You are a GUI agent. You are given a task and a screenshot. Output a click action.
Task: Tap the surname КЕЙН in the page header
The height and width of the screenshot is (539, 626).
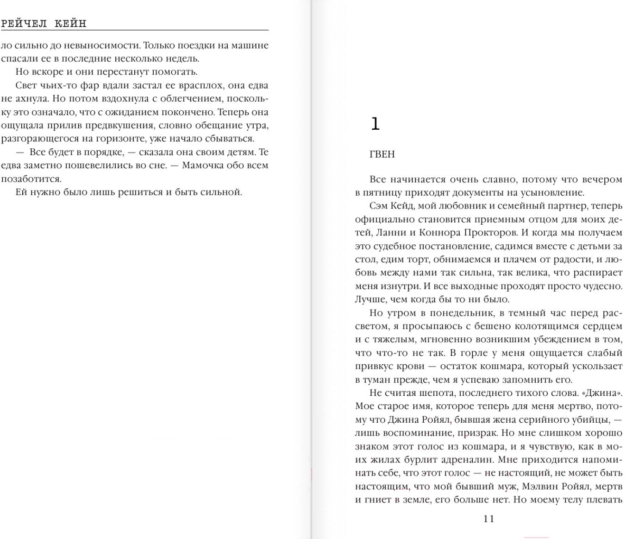70,24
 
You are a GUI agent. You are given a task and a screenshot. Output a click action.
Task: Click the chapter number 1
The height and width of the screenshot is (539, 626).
375,124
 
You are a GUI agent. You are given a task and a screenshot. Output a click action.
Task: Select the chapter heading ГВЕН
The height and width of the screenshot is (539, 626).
382,154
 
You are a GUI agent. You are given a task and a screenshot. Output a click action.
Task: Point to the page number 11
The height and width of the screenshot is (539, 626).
489,519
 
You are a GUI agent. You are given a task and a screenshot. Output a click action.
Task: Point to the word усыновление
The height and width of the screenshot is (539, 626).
555,193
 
